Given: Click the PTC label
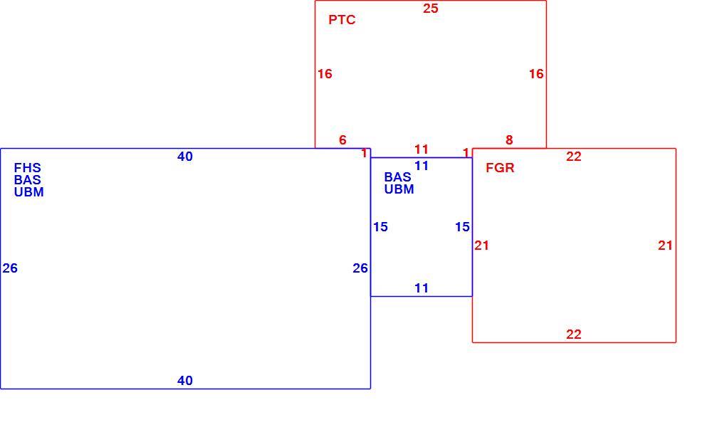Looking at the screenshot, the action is point(342,20).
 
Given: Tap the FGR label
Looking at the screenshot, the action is point(500,168).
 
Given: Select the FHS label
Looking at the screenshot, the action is point(27,168).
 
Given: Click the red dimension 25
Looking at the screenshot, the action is point(431,8).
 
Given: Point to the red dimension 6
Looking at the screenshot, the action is point(343,140).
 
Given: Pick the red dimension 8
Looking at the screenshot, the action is point(509,140).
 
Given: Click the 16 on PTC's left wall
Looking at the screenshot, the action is point(325,74).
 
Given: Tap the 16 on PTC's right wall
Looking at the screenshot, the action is point(536,74).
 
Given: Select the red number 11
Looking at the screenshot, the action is point(422,149).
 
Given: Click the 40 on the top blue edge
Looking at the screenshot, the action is point(185,157).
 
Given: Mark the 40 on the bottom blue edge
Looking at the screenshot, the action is point(185,381).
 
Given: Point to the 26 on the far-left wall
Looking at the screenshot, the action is point(10,268).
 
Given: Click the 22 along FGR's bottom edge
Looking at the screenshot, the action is point(574,334).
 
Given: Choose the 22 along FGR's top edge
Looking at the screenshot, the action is point(574,157).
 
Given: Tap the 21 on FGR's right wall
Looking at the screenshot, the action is point(665,246).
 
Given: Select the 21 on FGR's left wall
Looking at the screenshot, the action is point(482,246).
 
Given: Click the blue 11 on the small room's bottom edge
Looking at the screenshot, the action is point(422,288).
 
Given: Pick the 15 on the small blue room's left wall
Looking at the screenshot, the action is point(380,227).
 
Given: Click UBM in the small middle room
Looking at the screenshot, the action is point(399,189).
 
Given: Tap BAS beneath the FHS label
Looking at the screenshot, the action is point(27,180).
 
